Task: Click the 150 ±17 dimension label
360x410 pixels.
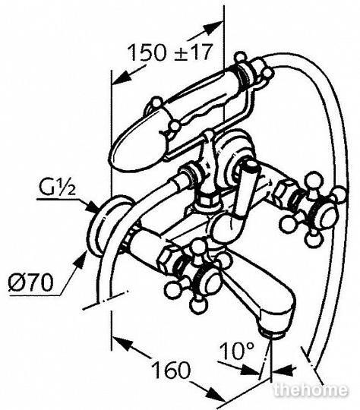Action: [169, 52]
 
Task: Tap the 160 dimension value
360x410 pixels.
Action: [172, 370]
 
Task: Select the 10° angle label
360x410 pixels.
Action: [237, 351]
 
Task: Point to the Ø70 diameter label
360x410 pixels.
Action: [31, 282]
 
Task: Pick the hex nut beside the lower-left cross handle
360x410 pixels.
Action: [168, 259]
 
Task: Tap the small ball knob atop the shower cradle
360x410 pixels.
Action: [240, 56]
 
